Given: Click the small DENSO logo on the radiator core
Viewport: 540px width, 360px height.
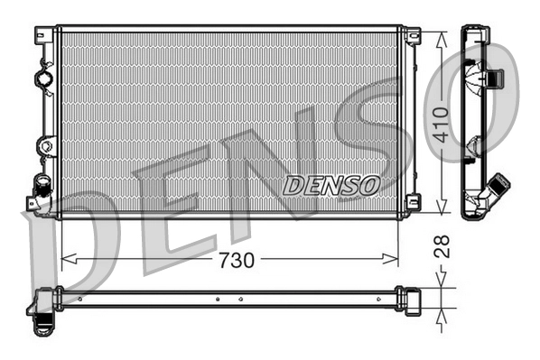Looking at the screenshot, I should (331, 185).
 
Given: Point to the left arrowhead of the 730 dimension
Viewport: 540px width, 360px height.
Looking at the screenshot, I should (66, 260).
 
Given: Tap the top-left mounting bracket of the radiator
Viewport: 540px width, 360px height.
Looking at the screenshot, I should (42, 35).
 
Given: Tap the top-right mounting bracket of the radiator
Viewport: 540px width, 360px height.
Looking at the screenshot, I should (412, 36).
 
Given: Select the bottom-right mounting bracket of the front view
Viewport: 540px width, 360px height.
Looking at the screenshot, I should (412, 203).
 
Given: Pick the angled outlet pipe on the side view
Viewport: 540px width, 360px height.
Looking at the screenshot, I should (496, 190).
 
